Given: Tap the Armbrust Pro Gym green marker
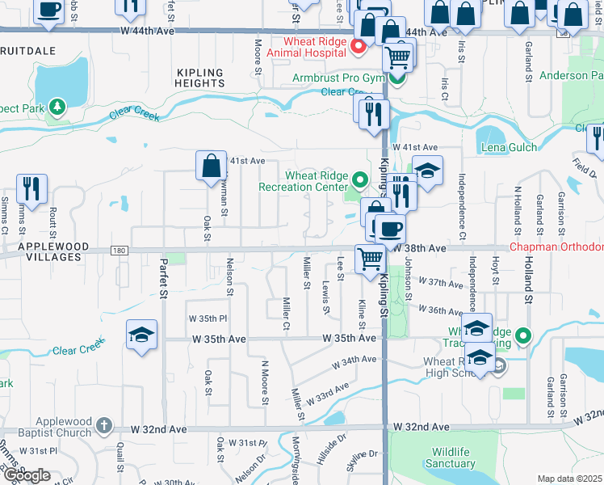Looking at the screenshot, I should coord(396,78).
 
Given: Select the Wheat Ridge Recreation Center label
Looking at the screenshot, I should coord(304,181).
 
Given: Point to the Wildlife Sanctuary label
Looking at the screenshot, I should coord(452,458).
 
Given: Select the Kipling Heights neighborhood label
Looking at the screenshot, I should coord(200,77).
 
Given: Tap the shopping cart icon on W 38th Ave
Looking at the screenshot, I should coord(371,259).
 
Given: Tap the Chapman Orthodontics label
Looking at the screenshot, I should coord(557,247).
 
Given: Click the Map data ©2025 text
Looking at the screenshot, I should coord(570,479).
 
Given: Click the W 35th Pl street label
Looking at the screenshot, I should coord(208,319).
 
